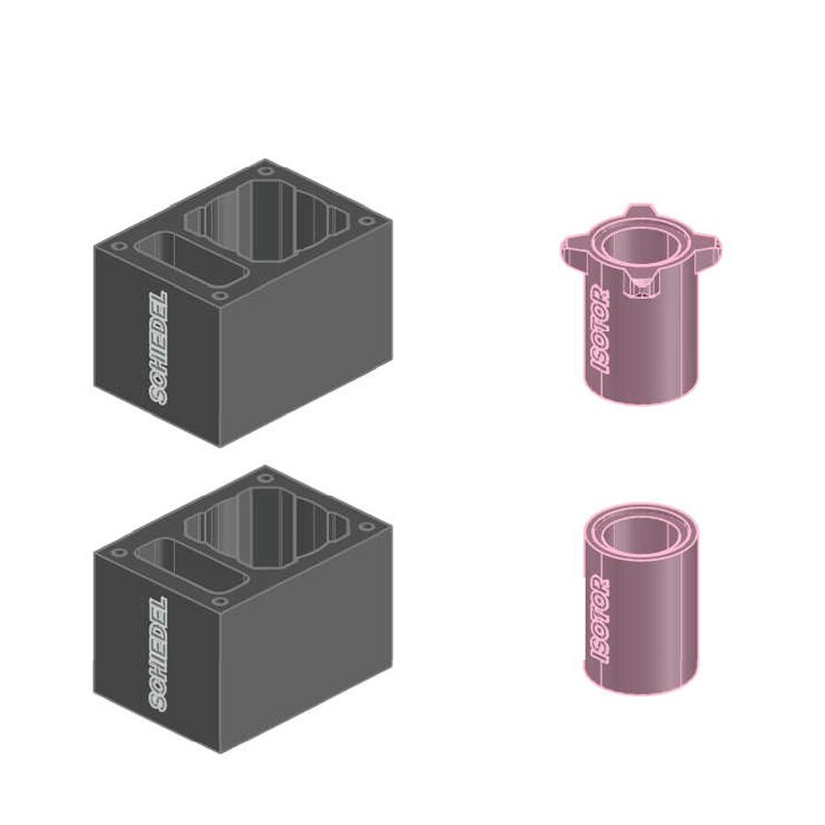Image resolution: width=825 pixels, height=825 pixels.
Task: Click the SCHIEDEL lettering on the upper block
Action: tap(159, 348)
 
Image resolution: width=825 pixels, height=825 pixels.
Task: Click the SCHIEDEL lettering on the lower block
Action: tap(159, 654)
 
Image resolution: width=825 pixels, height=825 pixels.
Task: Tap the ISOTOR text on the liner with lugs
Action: tap(600, 330)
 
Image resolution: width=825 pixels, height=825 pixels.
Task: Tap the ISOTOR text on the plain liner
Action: tap(600, 620)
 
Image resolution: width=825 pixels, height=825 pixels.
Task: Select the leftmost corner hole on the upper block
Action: tap(119, 247)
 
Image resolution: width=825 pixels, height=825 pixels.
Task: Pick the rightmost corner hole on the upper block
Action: tap(365, 220)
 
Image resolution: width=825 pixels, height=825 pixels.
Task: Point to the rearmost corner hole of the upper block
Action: tap(266, 171)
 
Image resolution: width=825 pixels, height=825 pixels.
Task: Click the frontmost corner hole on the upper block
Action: tap(220, 295)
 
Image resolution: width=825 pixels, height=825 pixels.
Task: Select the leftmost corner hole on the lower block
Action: tap(119, 553)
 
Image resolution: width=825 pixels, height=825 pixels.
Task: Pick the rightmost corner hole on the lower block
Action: tap(365, 527)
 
